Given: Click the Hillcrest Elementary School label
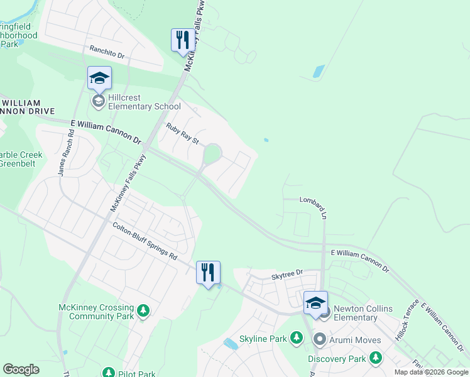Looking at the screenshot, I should tap(145, 102).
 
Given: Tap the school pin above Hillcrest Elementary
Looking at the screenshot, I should tap(99, 79).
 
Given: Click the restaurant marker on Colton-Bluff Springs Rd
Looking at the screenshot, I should tap(208, 273).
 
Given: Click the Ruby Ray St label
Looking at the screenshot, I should tap(182, 133).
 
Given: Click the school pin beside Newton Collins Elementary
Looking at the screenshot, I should tap(315, 303).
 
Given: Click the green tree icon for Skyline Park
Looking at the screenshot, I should tap(296, 339).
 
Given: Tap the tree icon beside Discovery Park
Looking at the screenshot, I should tap(376, 358).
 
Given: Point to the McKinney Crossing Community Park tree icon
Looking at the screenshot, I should tap(144, 310).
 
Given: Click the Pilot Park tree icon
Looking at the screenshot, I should tap(107, 374).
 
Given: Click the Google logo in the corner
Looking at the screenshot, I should tap(21, 369).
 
